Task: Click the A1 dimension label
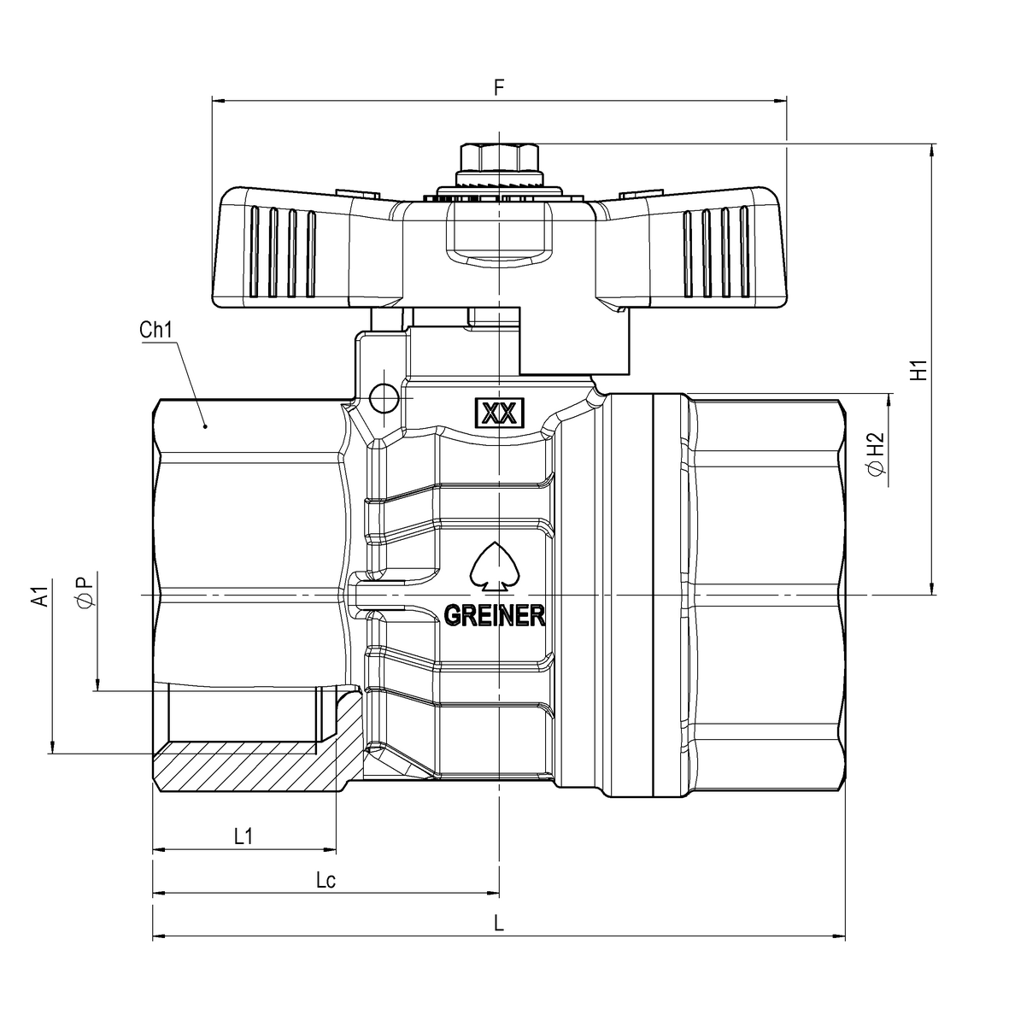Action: pos(39,596)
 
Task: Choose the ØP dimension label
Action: pos(84,592)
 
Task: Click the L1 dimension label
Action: pos(243,836)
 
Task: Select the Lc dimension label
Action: pos(325,880)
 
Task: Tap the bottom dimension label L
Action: pos(500,924)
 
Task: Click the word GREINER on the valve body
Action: pos(495,615)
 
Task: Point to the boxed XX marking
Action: pos(498,414)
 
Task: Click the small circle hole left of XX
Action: pos(384,396)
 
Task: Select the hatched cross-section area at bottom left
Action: pos(248,769)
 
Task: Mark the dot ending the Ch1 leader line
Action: pos(204,425)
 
